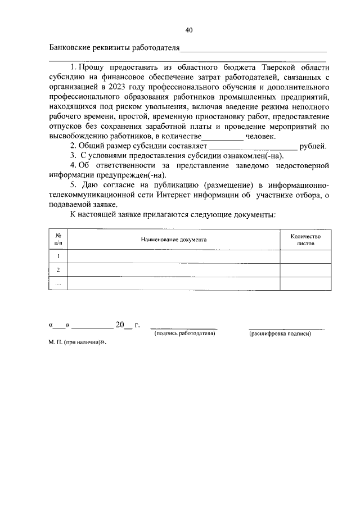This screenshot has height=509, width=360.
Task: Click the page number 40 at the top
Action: tap(189, 30)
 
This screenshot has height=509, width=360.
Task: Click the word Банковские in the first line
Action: tap(70, 47)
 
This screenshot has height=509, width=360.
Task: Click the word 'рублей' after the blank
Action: tap(313, 146)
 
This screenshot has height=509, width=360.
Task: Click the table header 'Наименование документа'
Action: tap(174, 240)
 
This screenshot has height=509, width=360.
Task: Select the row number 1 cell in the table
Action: tap(58, 256)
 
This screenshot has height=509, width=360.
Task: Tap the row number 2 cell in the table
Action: tap(58, 270)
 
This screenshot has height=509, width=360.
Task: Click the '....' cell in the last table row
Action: tap(58, 284)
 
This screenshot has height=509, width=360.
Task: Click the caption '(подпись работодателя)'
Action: tap(184, 334)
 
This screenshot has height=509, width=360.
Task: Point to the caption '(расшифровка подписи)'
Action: tap(280, 334)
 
